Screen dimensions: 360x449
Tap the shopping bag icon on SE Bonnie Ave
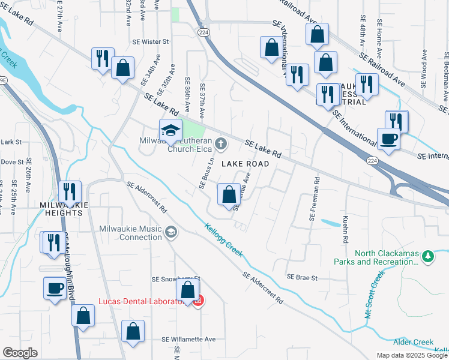tap(229, 195)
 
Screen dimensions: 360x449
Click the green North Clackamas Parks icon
tap(427, 257)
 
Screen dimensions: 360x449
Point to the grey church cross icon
tap(221, 143)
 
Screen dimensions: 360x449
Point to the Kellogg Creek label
tap(223, 241)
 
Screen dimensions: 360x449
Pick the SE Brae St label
tap(301, 277)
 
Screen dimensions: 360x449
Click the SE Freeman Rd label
tap(313, 198)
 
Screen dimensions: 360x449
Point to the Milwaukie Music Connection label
tap(130, 233)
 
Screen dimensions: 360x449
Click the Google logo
tap(20, 353)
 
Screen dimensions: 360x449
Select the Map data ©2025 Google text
tap(412, 355)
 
